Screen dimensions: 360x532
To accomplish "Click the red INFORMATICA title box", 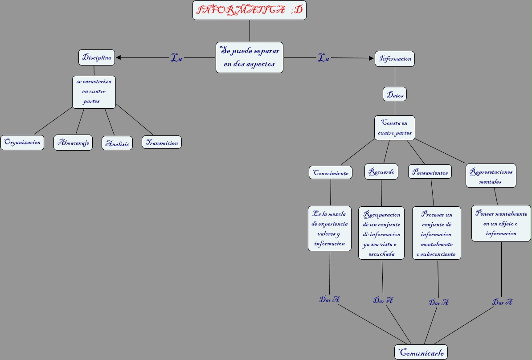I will [250, 10].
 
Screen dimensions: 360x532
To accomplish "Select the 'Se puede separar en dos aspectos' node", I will [250, 57].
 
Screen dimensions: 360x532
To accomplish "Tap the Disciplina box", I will [97, 57].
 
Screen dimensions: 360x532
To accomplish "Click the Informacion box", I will [395, 59].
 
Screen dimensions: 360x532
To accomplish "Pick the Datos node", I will [395, 94].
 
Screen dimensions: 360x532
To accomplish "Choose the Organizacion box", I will [22, 143].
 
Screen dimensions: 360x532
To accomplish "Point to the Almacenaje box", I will [73, 143].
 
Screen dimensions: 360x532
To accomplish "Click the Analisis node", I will [117, 143].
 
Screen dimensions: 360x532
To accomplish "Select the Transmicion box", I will [162, 143].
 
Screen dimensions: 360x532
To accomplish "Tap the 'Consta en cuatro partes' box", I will [395, 128].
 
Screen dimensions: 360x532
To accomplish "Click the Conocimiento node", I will [331, 173].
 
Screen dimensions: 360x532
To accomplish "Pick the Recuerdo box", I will [381, 172].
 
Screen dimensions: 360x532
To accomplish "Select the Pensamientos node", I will [430, 172].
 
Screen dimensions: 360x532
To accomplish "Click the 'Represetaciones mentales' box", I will [491, 176].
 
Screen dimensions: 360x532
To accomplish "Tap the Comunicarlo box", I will [421, 352].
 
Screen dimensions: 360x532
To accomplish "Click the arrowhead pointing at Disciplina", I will [119, 57].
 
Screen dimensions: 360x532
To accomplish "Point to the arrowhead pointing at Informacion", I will [371, 58].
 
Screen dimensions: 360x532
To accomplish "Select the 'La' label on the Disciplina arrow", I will [176, 58].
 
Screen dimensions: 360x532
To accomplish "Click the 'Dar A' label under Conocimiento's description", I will [329, 299].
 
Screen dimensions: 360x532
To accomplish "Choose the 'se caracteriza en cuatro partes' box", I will [94, 92].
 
